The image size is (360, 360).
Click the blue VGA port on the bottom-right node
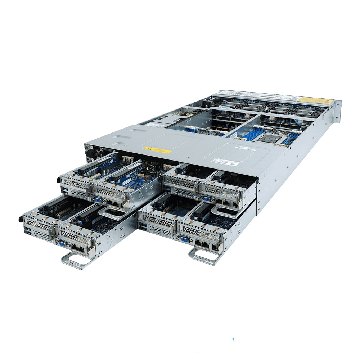(185, 238)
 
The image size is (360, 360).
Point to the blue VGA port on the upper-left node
(98, 200)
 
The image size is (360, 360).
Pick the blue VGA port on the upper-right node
(206, 198)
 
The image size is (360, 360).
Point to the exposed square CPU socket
(269, 138)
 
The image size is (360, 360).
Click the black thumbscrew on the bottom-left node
(21, 219)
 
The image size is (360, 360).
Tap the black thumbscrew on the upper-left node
(58, 180)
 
